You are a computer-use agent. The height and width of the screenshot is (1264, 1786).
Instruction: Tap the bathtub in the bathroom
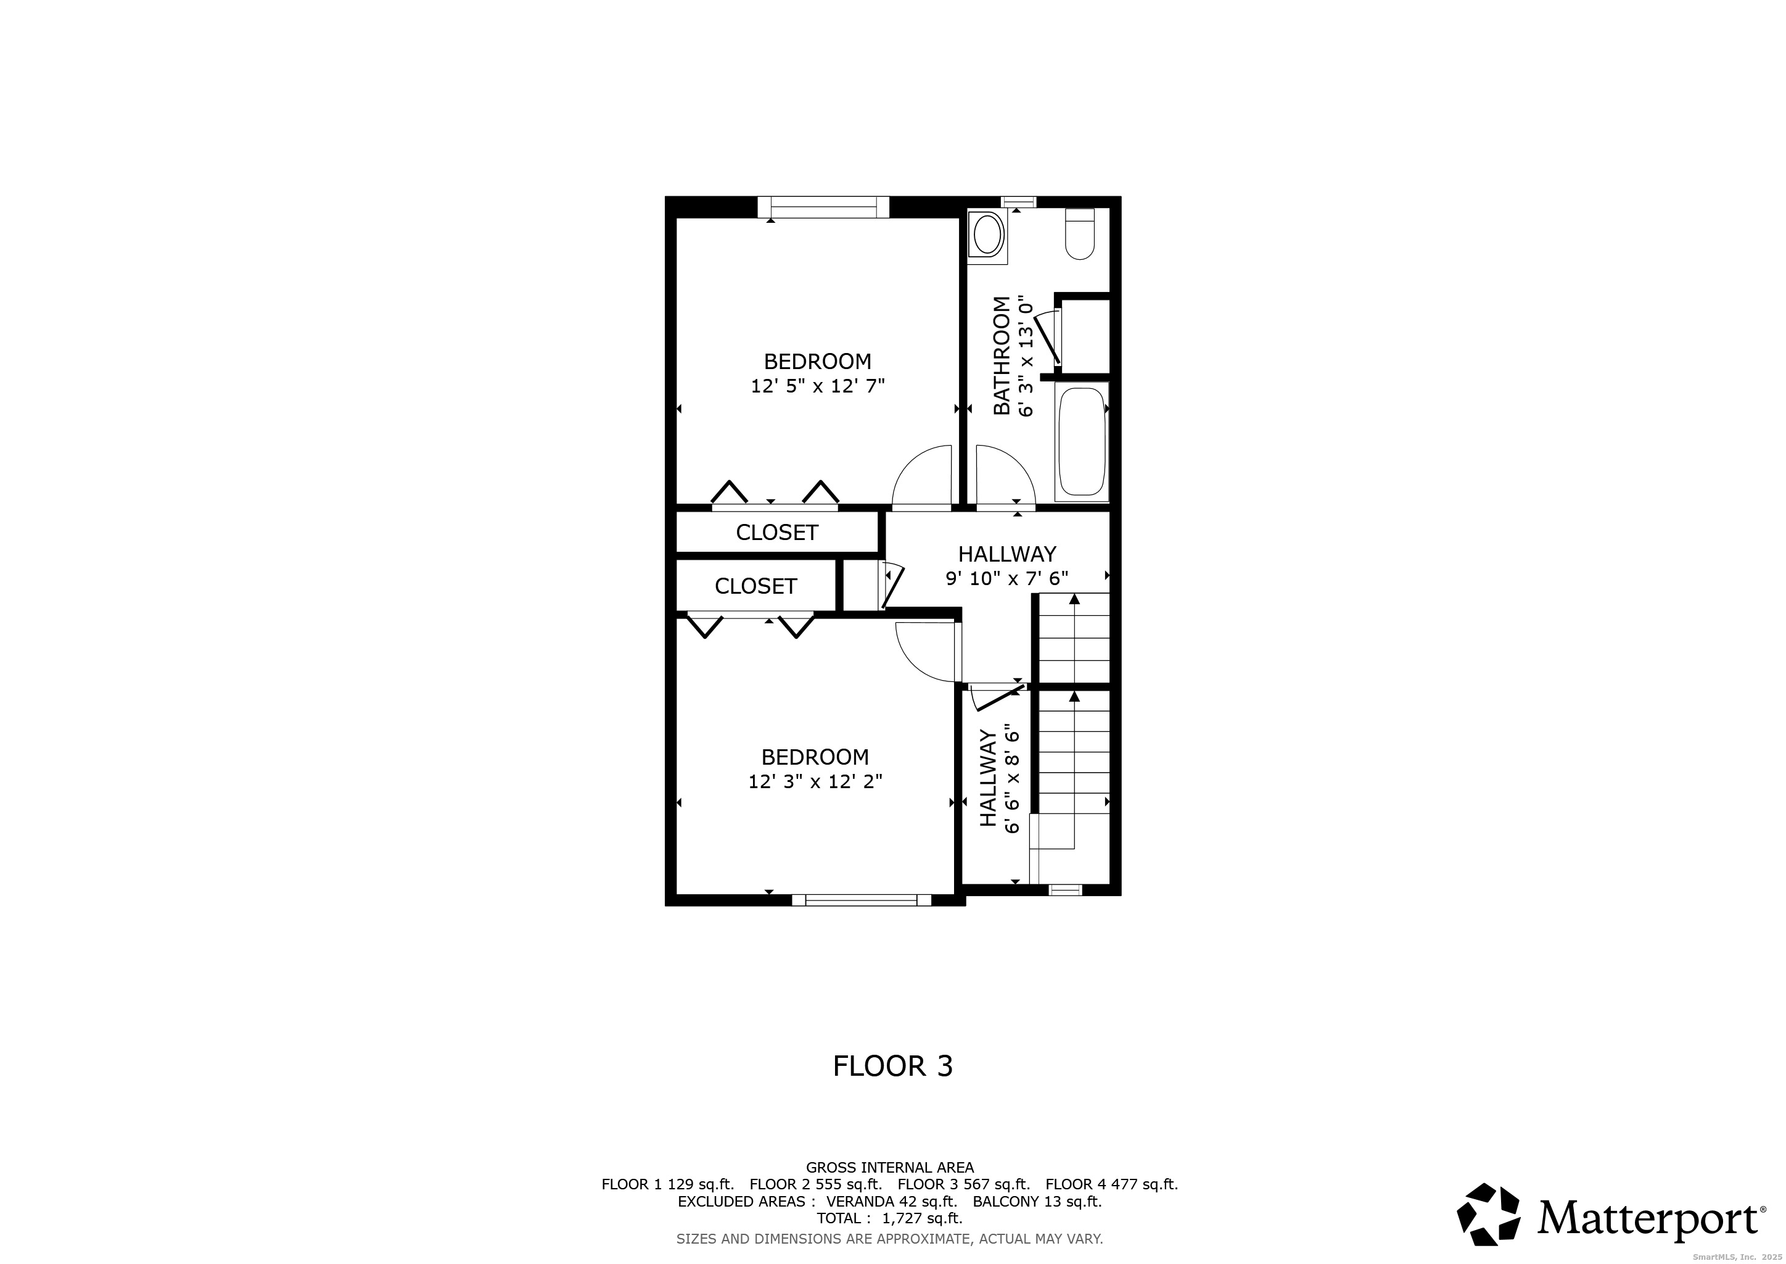point(1082,442)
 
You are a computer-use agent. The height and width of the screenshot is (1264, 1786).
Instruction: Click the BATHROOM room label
point(1002,355)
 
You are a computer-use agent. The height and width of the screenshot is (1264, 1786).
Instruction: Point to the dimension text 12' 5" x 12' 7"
point(818,386)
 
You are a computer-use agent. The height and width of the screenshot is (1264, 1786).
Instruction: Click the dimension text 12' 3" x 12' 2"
point(815,781)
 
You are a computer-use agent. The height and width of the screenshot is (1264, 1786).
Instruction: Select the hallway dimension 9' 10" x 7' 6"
point(1007,578)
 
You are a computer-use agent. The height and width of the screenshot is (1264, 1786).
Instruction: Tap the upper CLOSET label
point(777,533)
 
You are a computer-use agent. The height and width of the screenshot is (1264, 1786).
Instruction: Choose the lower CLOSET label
point(756,586)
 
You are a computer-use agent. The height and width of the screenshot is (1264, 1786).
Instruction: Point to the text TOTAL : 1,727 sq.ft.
point(890,1218)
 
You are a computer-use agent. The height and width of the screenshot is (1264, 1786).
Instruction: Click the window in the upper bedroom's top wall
point(823,207)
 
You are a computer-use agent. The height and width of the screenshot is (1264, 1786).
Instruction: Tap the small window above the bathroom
point(1018,202)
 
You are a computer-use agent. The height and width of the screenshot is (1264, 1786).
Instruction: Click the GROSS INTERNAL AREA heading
point(890,1168)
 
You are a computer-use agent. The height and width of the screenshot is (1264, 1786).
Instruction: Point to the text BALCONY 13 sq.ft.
point(1037,1201)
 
